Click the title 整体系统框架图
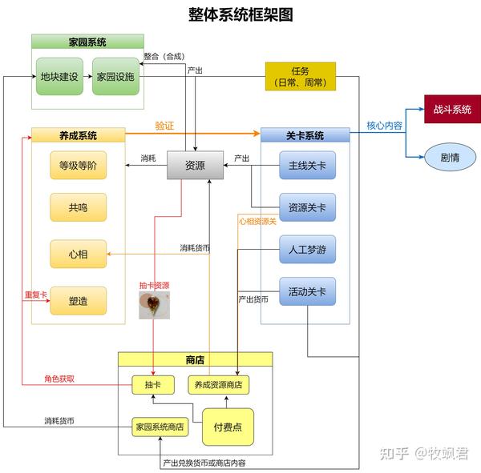(240, 14)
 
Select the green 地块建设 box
(59, 77)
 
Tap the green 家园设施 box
(115, 77)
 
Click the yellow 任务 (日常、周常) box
(301, 77)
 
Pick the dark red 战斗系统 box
(452, 110)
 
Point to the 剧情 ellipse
(449, 157)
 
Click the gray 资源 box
(195, 166)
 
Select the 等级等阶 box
(78, 166)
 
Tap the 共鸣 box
(78, 207)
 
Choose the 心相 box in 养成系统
(78, 254)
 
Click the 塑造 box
(78, 300)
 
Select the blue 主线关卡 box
(307, 166)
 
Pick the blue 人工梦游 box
(307, 250)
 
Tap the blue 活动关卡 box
(307, 291)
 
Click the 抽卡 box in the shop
(153, 385)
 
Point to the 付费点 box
(228, 427)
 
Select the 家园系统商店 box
(160, 427)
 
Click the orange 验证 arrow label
(164, 126)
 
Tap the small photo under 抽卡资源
(154, 305)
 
